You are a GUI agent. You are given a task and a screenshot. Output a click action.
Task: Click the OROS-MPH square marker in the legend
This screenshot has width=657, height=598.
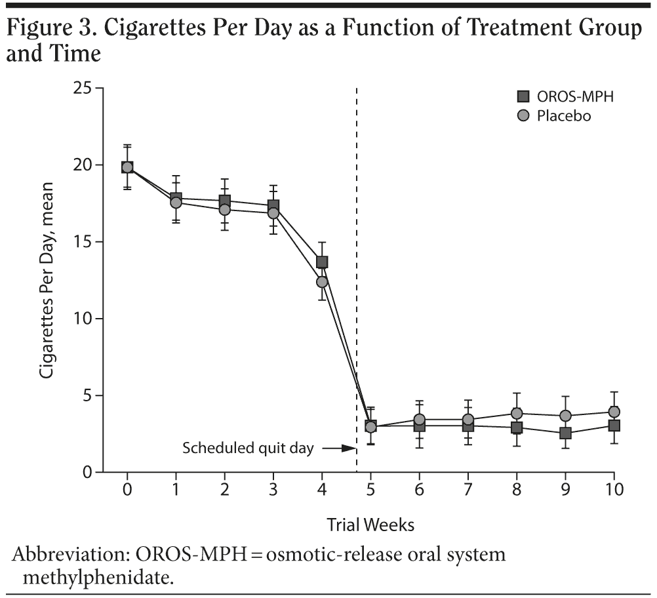[523, 97]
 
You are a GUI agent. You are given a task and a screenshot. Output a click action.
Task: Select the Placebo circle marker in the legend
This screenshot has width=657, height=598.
[523, 116]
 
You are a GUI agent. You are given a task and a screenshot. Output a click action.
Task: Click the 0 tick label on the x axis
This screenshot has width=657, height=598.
[127, 490]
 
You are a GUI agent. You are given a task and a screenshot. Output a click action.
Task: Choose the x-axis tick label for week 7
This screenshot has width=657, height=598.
[468, 490]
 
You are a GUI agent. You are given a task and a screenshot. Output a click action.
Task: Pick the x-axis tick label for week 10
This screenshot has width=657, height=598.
[614, 490]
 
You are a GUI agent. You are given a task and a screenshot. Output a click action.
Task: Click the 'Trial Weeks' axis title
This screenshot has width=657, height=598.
[370, 525]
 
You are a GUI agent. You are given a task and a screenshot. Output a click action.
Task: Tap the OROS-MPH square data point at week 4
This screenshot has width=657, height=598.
[322, 262]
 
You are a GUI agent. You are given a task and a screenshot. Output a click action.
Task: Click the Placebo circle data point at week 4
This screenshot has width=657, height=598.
[322, 282]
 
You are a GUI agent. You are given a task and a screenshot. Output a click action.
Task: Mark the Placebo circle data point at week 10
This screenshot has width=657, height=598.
[614, 412]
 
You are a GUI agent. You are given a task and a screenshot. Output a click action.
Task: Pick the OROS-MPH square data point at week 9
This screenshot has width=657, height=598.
[565, 433]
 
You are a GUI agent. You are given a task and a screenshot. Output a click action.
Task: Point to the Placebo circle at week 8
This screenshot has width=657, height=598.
[517, 413]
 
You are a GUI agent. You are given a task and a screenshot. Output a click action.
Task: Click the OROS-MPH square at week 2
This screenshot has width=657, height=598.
[225, 201]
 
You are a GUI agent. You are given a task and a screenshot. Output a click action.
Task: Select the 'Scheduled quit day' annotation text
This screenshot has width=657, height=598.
[248, 449]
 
